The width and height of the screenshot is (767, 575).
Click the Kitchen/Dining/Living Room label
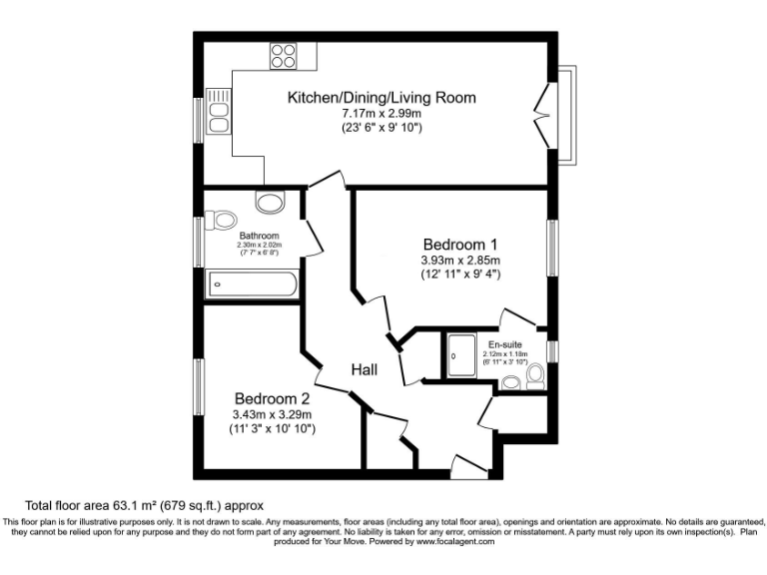click(382, 98)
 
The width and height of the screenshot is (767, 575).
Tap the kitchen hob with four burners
click(283, 55)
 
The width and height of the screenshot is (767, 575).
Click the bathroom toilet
click(221, 219)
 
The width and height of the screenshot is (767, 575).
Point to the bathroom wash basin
click(270, 203)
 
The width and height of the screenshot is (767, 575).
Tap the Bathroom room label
click(259, 237)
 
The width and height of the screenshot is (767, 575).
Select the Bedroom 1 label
click(459, 245)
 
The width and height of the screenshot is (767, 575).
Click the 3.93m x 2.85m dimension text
click(459, 262)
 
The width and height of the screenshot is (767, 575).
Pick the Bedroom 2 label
click(272, 397)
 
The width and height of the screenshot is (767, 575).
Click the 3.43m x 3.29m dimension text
click(272, 414)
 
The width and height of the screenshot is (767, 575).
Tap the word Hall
click(364, 370)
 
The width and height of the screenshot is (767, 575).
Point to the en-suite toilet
click(534, 376)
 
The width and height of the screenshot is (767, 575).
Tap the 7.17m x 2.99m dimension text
click(382, 115)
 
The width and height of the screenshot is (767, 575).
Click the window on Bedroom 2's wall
click(200, 386)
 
